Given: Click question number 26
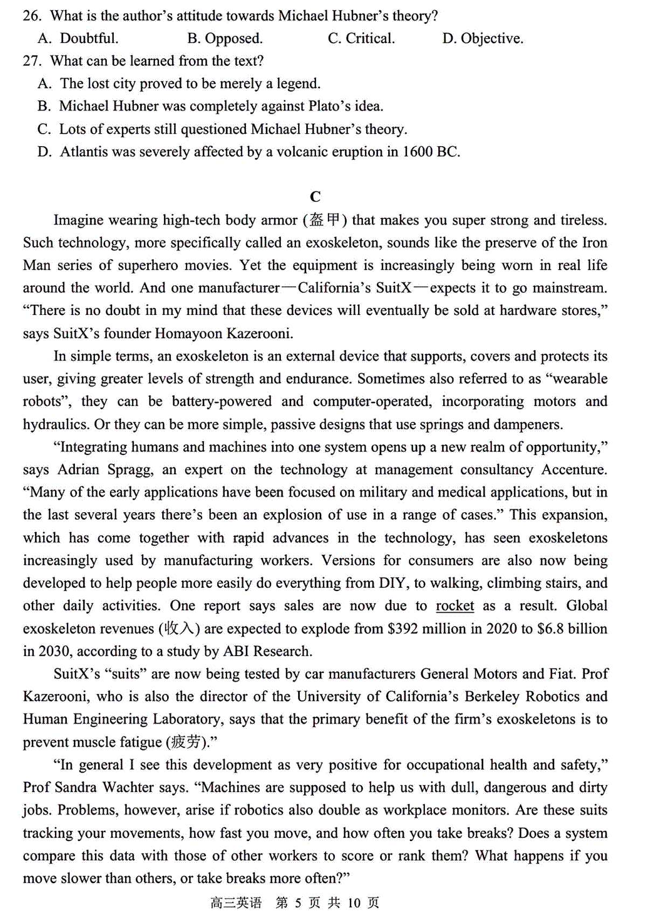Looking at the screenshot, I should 32,16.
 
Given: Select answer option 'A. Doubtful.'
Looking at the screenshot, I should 78,38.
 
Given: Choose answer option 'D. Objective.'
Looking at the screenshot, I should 483,38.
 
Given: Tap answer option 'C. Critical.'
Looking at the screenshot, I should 361,38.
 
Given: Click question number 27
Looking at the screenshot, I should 32,61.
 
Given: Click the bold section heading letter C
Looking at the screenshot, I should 315,197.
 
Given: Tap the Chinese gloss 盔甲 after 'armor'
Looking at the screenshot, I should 326,220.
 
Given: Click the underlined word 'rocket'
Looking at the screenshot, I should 455,606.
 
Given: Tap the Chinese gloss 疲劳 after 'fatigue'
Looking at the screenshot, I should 186,742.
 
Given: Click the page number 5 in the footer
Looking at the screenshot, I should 298,903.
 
